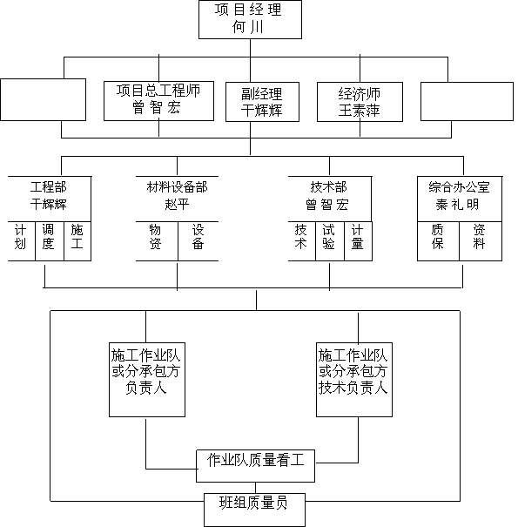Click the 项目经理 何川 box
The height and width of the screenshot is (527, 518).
click(250, 19)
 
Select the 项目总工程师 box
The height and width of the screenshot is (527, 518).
click(159, 101)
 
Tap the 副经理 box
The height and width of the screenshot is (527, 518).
click(262, 102)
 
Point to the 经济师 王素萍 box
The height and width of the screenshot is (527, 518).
click(360, 102)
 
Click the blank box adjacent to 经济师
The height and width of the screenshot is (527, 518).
click(467, 101)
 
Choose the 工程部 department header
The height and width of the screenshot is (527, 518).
click(49, 187)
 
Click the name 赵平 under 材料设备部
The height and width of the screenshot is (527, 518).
click(177, 204)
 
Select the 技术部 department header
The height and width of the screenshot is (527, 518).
click(328, 187)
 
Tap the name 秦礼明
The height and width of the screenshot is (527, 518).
click(458, 205)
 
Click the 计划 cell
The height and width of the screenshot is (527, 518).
click(21, 241)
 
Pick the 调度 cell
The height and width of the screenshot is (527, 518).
click(50, 241)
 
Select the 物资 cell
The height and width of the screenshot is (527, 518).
click(157, 241)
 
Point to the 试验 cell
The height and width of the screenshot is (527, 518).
click(330, 241)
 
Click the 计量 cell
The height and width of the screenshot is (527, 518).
click(358, 241)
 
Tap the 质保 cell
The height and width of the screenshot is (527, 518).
click(438, 241)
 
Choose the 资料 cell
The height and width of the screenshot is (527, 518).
click(481, 241)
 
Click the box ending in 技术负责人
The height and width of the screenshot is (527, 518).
click(354, 380)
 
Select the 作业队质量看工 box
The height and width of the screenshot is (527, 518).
click(255, 466)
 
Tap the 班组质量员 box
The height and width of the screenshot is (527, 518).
click(254, 510)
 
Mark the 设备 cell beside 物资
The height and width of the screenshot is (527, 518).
click(198, 241)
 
